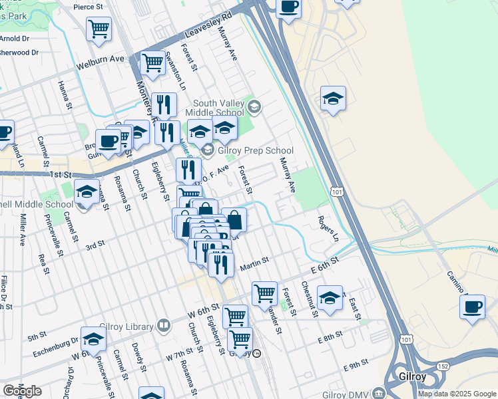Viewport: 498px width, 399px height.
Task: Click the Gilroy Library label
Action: coord(126,326)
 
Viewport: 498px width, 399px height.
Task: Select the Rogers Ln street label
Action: coord(328,229)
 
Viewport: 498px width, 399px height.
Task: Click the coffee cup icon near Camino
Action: coord(473,307)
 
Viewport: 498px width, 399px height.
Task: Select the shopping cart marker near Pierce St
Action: coord(99,29)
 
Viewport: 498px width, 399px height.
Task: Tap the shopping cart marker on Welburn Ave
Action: coord(153,63)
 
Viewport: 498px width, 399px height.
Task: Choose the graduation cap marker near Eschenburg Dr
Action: coord(93,339)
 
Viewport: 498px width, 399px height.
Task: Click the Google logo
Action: coord(22,391)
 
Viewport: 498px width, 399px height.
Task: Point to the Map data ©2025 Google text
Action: coord(457,394)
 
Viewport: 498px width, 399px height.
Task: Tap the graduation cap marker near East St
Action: coord(330,297)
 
